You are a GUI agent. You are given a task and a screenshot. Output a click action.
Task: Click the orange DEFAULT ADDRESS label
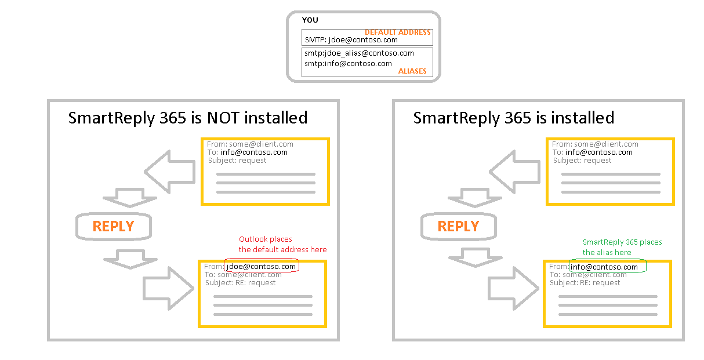(x=397, y=32)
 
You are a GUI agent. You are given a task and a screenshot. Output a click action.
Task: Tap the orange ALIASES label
(x=412, y=71)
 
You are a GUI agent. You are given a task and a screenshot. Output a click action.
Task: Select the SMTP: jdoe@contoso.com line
(x=351, y=40)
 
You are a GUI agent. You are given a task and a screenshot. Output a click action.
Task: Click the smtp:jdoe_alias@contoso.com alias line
(x=359, y=53)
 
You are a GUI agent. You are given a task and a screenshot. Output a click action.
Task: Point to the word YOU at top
(x=310, y=20)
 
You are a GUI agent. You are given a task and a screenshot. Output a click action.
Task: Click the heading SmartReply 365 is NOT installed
(x=188, y=118)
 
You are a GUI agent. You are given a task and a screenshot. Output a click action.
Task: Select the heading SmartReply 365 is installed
(x=513, y=118)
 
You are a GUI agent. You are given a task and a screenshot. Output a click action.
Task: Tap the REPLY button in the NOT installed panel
(x=114, y=226)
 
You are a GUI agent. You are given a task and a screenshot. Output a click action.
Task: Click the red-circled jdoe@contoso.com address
(x=262, y=267)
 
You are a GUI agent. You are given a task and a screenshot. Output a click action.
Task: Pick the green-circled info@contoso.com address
(x=604, y=267)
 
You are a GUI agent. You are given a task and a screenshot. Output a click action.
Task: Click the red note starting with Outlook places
(x=282, y=245)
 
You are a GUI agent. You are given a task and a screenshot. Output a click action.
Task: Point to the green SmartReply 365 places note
(x=622, y=248)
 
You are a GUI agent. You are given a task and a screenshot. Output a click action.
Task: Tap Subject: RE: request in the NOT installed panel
(x=241, y=283)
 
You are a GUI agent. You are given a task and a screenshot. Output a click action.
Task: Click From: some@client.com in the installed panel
(x=595, y=144)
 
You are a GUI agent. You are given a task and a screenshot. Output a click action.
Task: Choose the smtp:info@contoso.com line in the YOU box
(x=348, y=64)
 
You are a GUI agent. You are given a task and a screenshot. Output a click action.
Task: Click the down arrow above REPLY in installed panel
(x=474, y=197)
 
